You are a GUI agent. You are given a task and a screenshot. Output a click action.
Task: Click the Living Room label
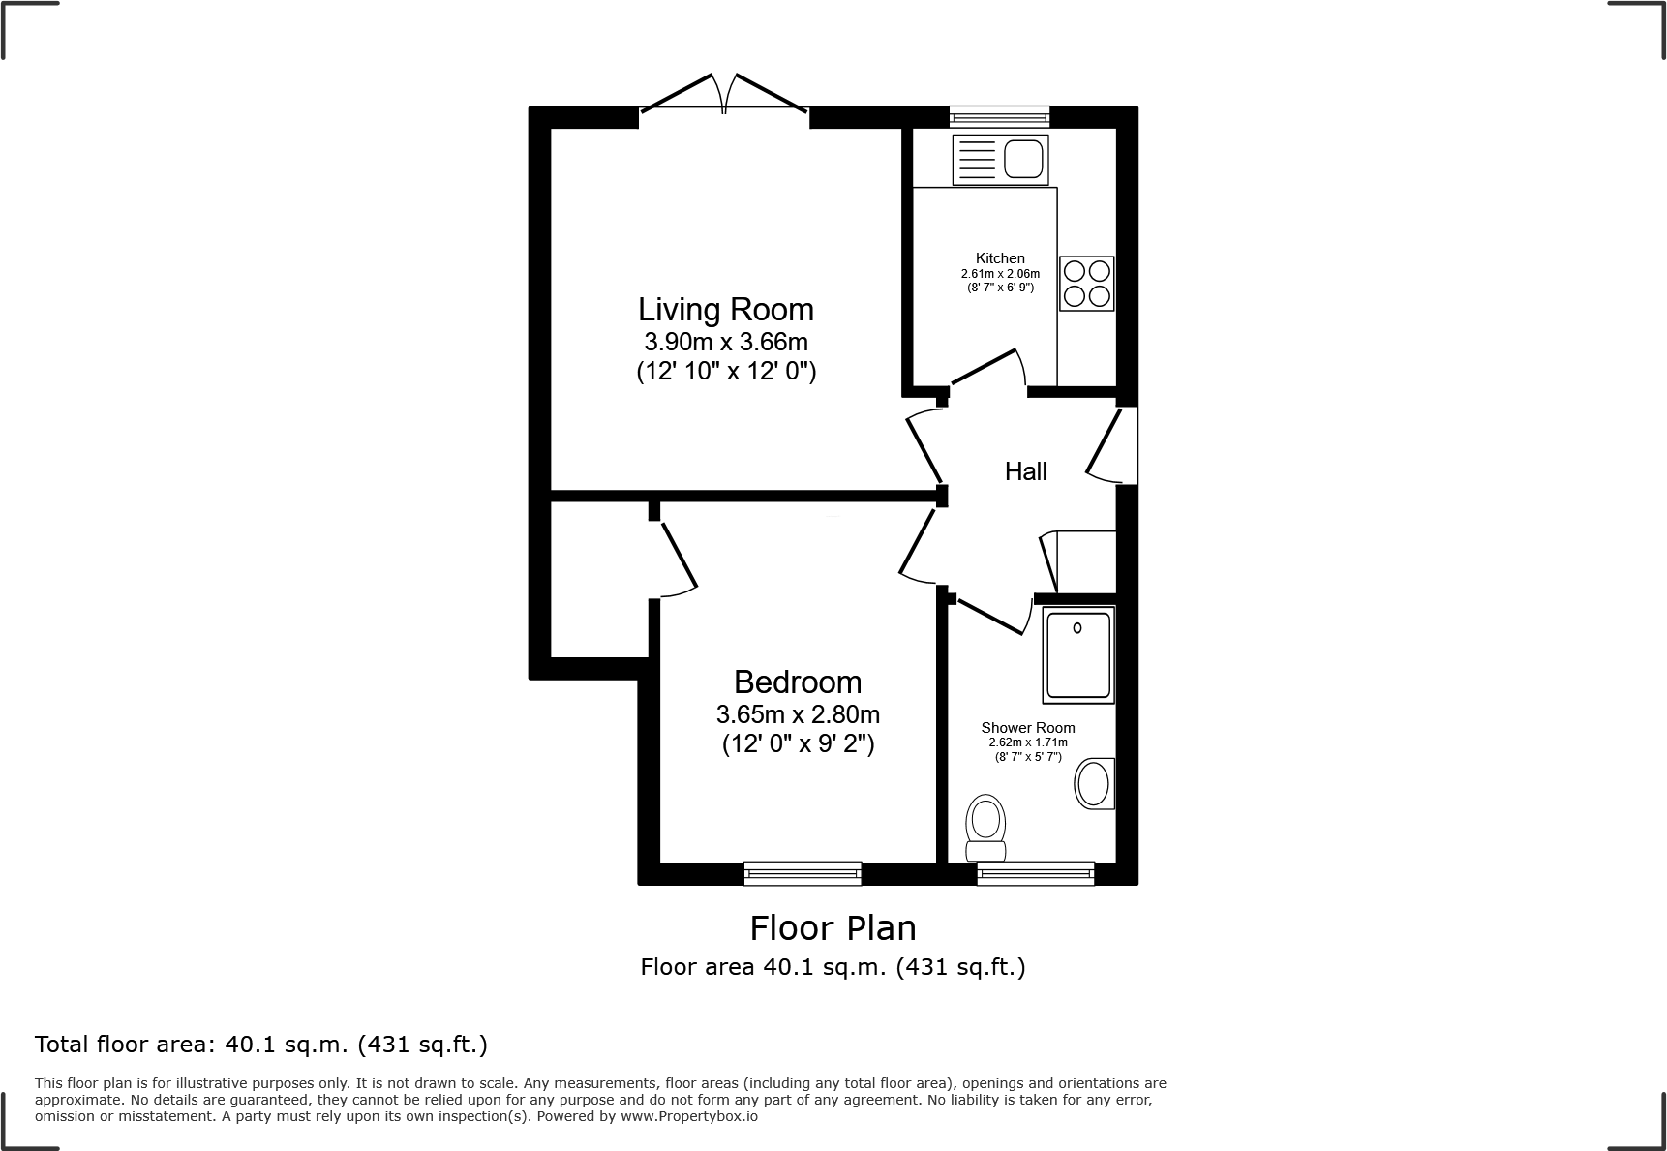pos(725,310)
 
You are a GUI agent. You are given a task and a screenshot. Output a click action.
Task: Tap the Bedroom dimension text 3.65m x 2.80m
pos(798,715)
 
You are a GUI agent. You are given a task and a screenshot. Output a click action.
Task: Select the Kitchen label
pos(1000,258)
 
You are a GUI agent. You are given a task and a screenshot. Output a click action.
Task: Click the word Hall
pos(1025,471)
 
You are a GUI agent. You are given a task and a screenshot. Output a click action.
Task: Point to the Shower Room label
pos(1027,728)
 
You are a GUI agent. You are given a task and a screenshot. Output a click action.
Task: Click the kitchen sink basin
pos(1024,159)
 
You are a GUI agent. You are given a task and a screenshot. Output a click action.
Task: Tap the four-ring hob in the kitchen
pos(1086,283)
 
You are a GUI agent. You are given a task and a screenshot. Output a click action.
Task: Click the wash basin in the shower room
pos(1094,783)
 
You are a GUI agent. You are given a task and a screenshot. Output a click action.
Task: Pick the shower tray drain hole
pos(1077,628)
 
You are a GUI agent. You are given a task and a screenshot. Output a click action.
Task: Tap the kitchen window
pos(999,117)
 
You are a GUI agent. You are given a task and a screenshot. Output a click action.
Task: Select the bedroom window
pos(802,873)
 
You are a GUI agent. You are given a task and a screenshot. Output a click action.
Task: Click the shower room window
pos(1036,873)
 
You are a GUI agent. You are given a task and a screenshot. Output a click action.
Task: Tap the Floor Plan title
pos(833,928)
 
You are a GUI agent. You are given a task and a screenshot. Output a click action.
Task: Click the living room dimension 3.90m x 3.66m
pos(725,342)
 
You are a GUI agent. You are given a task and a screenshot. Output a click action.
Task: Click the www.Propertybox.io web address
pos(688,1116)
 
